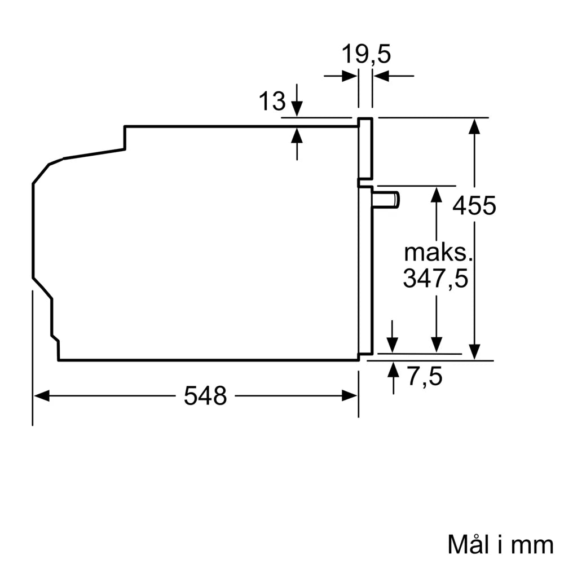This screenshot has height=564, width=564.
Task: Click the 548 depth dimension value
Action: (205, 396)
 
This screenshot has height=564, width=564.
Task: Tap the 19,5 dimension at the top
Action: (366, 55)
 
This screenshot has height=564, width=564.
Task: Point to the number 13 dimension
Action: (272, 102)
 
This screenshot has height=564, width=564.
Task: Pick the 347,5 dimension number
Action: (435, 279)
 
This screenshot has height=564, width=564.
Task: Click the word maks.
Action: (437, 252)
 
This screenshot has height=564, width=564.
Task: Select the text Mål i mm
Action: (500, 544)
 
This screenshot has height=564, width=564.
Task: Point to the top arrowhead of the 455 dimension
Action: (475, 125)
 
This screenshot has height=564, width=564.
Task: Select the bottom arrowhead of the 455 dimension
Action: (475, 352)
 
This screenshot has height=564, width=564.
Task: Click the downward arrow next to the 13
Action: (297, 107)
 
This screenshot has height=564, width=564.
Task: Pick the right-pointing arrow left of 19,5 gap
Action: (350, 76)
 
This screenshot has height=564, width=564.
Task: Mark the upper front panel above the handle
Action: (365, 149)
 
